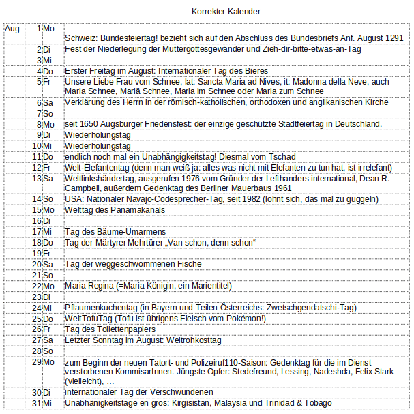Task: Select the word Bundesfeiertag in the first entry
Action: point(129,39)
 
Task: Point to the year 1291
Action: point(392,39)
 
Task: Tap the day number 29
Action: point(37,361)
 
